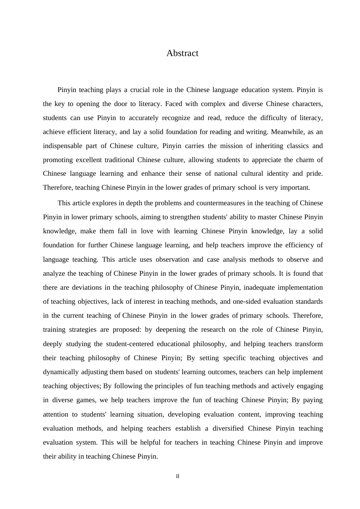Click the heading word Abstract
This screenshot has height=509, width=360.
coord(182,53)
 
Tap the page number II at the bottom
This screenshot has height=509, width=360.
coord(177,476)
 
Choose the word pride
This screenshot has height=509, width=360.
coord(315,174)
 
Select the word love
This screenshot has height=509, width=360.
coord(147,231)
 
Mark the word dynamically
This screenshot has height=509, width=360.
coord(61,372)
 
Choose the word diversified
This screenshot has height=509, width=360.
coord(226,428)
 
